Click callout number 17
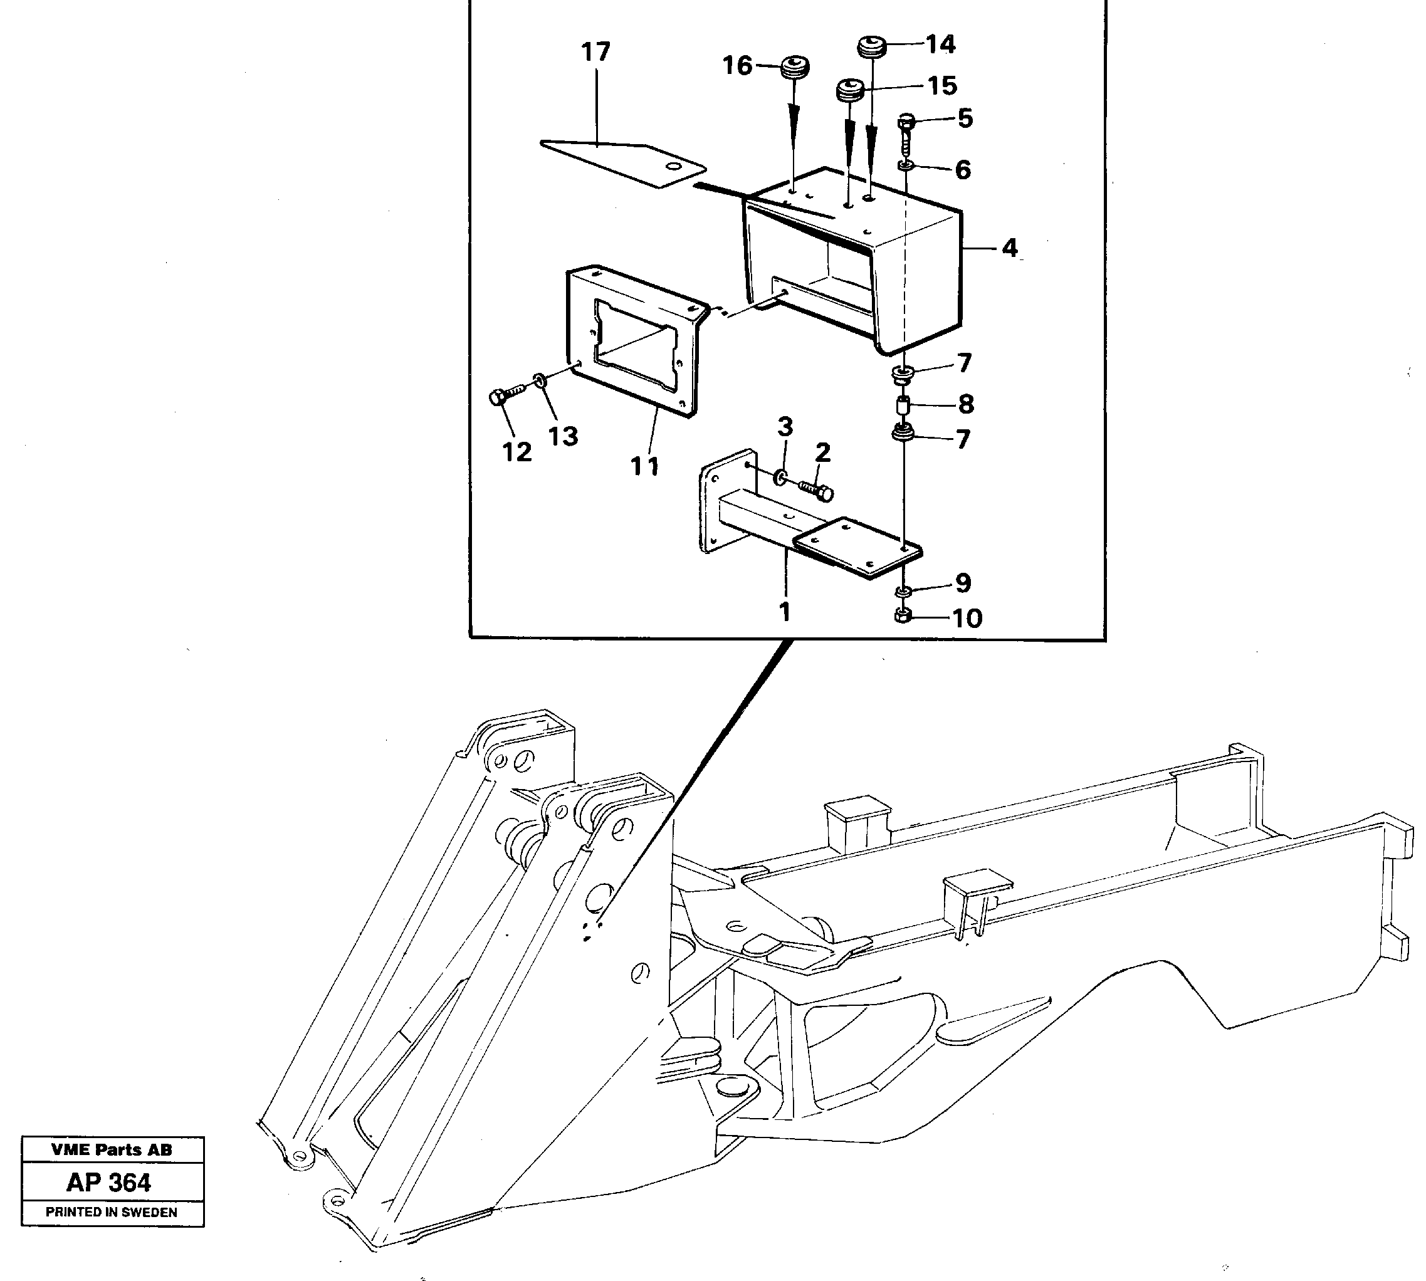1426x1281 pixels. (x=595, y=53)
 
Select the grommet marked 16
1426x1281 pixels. (x=795, y=68)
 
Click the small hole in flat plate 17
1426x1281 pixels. (x=675, y=167)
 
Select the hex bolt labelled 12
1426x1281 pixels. (x=496, y=399)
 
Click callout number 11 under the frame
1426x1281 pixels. (x=645, y=466)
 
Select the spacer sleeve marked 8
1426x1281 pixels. (x=904, y=407)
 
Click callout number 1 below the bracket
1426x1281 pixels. (x=785, y=610)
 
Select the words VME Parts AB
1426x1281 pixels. (x=111, y=1149)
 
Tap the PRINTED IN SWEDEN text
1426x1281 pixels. (x=111, y=1212)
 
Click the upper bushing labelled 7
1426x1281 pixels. (x=903, y=374)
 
